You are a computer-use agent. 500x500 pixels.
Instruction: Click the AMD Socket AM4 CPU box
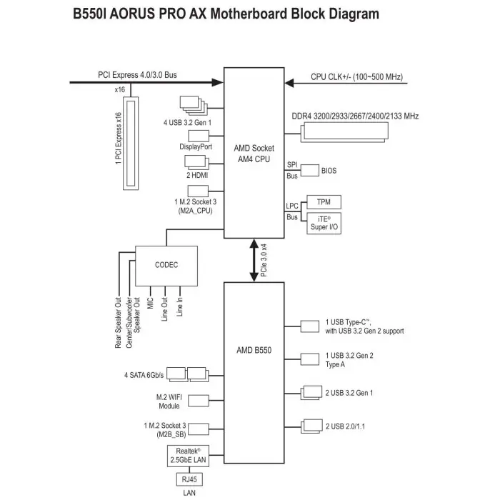pyautogui.click(x=254, y=153)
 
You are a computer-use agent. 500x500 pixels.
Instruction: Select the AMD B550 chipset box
pyautogui.click(x=254, y=351)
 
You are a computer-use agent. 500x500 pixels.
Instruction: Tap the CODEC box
pyautogui.click(x=166, y=265)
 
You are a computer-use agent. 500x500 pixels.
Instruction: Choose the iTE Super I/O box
pyautogui.click(x=324, y=223)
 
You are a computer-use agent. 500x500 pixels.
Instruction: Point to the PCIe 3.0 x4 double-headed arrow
pyautogui.click(x=254, y=260)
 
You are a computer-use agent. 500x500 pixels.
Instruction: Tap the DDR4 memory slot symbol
pyautogui.click(x=346, y=130)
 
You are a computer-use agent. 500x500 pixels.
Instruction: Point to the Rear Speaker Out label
pyautogui.click(x=119, y=321)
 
